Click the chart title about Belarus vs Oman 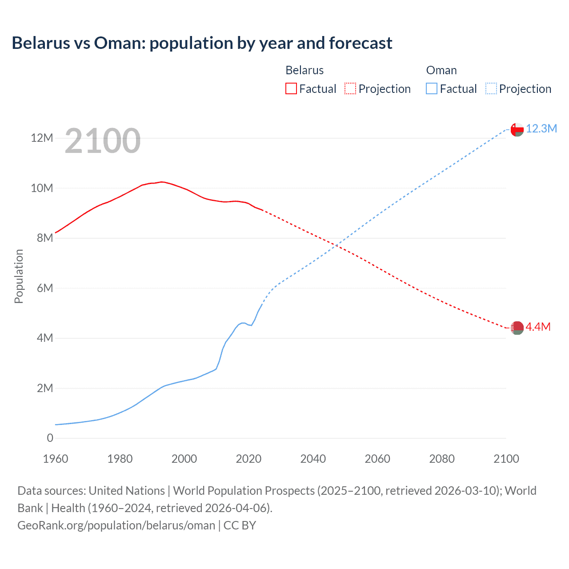point(202,43)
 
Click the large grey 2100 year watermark point(103,141)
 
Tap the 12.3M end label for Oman point(541,128)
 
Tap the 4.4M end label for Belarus point(538,327)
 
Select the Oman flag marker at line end point(517,129)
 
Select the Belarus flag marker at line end point(517,328)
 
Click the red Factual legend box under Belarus point(291,88)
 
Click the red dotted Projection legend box point(350,88)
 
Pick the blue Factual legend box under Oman point(432,88)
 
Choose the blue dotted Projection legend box point(491,88)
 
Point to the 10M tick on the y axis point(42,188)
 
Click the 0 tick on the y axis point(50,438)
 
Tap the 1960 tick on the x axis point(56,459)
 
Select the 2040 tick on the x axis point(313,459)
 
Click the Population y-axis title point(19,276)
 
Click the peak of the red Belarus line point(162,182)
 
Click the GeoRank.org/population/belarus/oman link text point(116,525)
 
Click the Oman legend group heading point(441,70)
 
